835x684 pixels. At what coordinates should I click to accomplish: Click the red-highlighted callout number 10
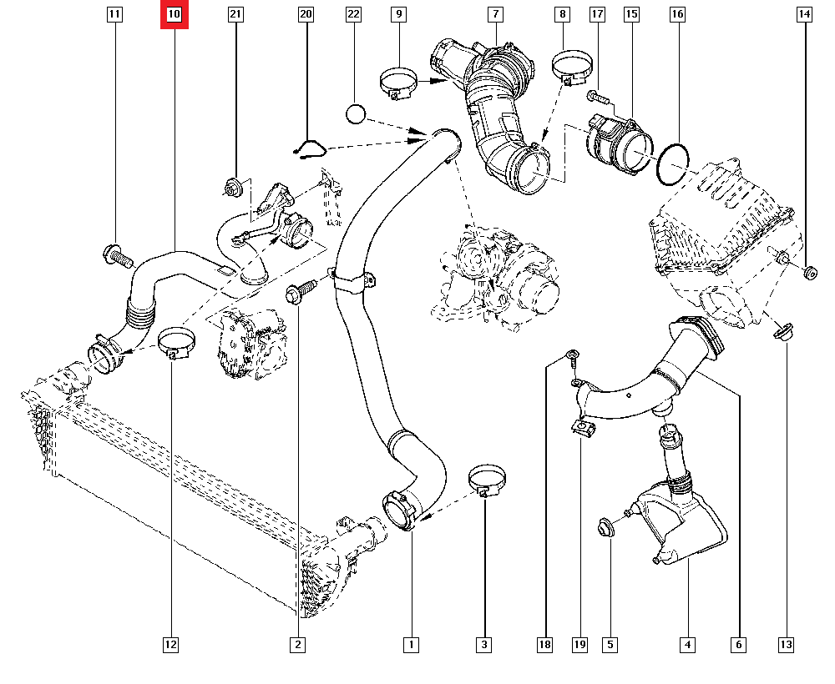[x=175, y=14]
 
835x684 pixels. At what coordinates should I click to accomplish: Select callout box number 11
[x=114, y=14]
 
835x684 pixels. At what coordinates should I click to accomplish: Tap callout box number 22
[x=353, y=14]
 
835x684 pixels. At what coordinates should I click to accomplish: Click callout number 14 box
[x=803, y=14]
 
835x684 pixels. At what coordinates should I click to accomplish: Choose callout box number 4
[x=687, y=644]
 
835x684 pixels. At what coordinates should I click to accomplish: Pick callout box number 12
[x=170, y=644]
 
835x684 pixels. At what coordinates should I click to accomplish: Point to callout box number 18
[x=544, y=644]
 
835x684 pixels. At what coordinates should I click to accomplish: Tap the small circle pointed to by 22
[x=357, y=113]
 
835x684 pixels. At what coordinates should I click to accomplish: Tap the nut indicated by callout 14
[x=808, y=272]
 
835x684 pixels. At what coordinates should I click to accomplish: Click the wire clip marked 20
[x=310, y=149]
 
